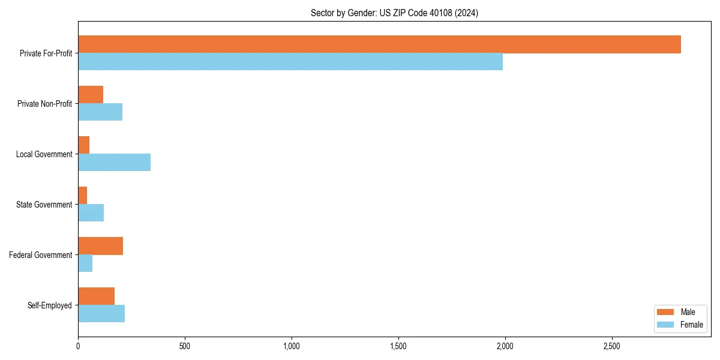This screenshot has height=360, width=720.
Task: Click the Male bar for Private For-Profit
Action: click(379, 44)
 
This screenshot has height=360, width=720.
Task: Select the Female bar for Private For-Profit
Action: click(290, 62)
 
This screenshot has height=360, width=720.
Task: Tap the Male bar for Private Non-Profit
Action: click(91, 95)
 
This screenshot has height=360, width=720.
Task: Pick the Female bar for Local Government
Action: click(114, 163)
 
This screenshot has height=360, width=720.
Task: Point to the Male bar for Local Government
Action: click(84, 145)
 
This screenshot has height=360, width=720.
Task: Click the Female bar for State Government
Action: click(91, 213)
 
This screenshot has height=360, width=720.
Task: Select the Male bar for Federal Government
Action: click(100, 246)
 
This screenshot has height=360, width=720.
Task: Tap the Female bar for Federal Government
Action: click(85, 263)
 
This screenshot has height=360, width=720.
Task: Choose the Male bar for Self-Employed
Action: click(96, 296)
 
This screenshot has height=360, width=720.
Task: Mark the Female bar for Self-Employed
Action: click(101, 314)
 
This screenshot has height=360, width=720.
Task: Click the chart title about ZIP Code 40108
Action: click(394, 13)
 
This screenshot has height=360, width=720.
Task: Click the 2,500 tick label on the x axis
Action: click(612, 346)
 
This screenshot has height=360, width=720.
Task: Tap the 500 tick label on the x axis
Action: click(185, 346)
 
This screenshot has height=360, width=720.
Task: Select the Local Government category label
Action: click(44, 154)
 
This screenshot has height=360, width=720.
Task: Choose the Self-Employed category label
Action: click(50, 305)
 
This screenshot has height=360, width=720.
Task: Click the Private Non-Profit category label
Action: click(44, 104)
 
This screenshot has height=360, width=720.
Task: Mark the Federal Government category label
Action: click(41, 255)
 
